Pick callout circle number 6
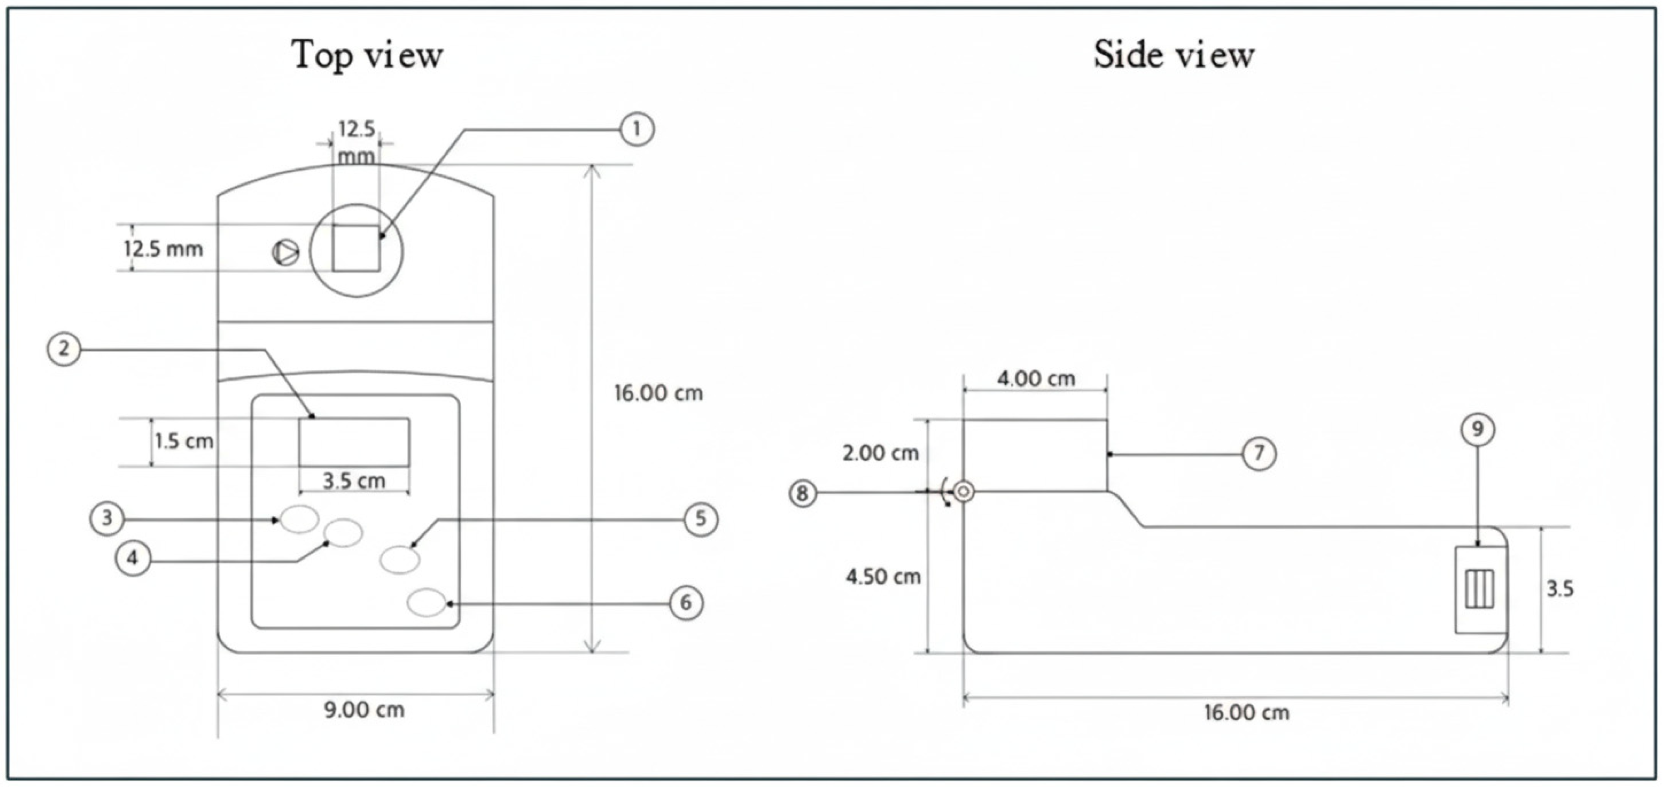click(685, 603)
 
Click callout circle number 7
click(1259, 454)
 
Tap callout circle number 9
click(1477, 429)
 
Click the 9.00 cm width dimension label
click(364, 710)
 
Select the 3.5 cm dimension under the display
click(354, 481)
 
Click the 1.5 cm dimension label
click(184, 442)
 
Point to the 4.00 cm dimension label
click(1036, 379)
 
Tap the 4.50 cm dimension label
click(883, 576)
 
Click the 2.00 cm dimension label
click(880, 453)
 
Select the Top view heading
click(367, 55)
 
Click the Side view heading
click(1174, 55)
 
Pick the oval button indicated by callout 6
click(427, 603)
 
